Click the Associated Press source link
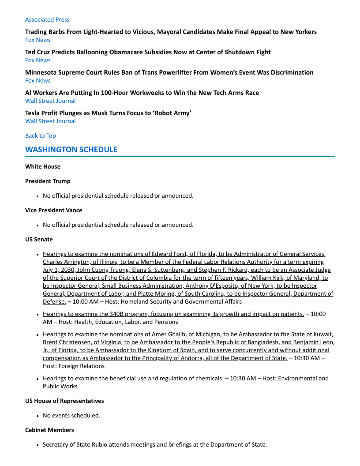pos(47,19)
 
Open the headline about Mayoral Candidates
pos(171,32)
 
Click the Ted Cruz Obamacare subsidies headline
pos(148,52)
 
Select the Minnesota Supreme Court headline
pos(169,72)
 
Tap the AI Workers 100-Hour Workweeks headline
pos(142,93)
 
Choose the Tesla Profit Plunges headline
pos(108,113)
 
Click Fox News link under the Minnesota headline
pos(38,80)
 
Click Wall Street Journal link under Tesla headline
pos(50,121)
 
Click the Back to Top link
pos(41,135)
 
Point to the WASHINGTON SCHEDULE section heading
pos(71,150)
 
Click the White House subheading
pos(43,166)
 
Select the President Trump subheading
pos(48,181)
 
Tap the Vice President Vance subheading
pos(53,210)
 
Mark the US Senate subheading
pos(39,239)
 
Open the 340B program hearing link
pos(173,314)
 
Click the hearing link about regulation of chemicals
pos(133,378)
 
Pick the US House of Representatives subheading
pos(64,401)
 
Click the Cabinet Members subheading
pos(49,430)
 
